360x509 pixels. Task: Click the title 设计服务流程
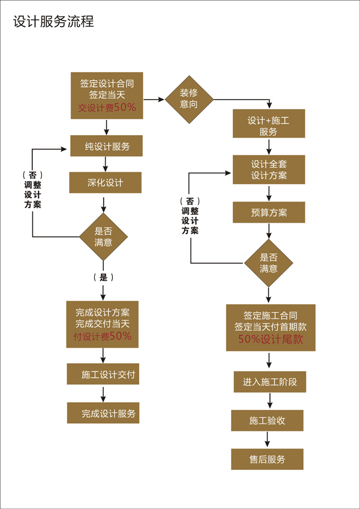54,23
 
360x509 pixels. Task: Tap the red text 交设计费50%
107,107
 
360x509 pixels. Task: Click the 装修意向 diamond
188,98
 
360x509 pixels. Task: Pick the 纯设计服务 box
106,146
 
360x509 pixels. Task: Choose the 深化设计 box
106,182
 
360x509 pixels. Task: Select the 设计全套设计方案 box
269,170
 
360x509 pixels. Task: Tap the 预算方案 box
269,212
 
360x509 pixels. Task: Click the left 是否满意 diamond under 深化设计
103,236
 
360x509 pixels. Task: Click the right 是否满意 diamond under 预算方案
268,263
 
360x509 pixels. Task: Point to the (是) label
103,277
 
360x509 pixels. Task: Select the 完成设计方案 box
103,324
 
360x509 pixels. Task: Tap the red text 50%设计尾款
270,339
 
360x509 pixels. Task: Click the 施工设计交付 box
103,375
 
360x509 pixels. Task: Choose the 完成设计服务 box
103,413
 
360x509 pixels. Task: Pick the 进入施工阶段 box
270,382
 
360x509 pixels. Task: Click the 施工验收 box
268,421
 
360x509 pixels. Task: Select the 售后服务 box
268,459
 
